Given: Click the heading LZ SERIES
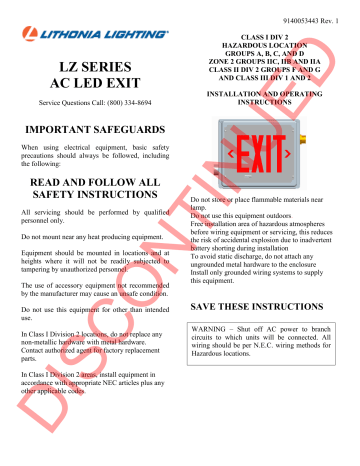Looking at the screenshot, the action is tap(90, 67).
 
